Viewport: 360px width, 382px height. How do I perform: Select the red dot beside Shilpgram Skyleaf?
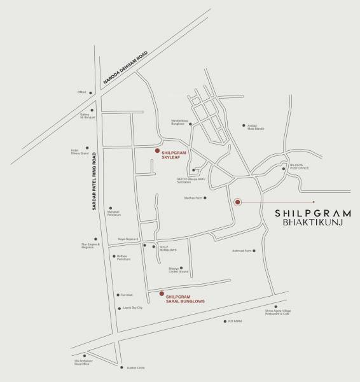(157, 151)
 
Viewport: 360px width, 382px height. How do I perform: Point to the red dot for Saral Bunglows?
(162, 294)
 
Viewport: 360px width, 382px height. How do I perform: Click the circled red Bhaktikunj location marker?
(237, 202)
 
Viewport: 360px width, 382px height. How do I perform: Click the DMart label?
(81, 93)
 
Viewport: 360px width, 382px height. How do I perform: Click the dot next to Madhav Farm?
(205, 198)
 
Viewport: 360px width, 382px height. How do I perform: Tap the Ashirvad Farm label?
(244, 251)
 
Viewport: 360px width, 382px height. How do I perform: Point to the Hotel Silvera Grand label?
(80, 152)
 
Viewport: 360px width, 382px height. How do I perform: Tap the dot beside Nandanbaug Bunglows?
(189, 122)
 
